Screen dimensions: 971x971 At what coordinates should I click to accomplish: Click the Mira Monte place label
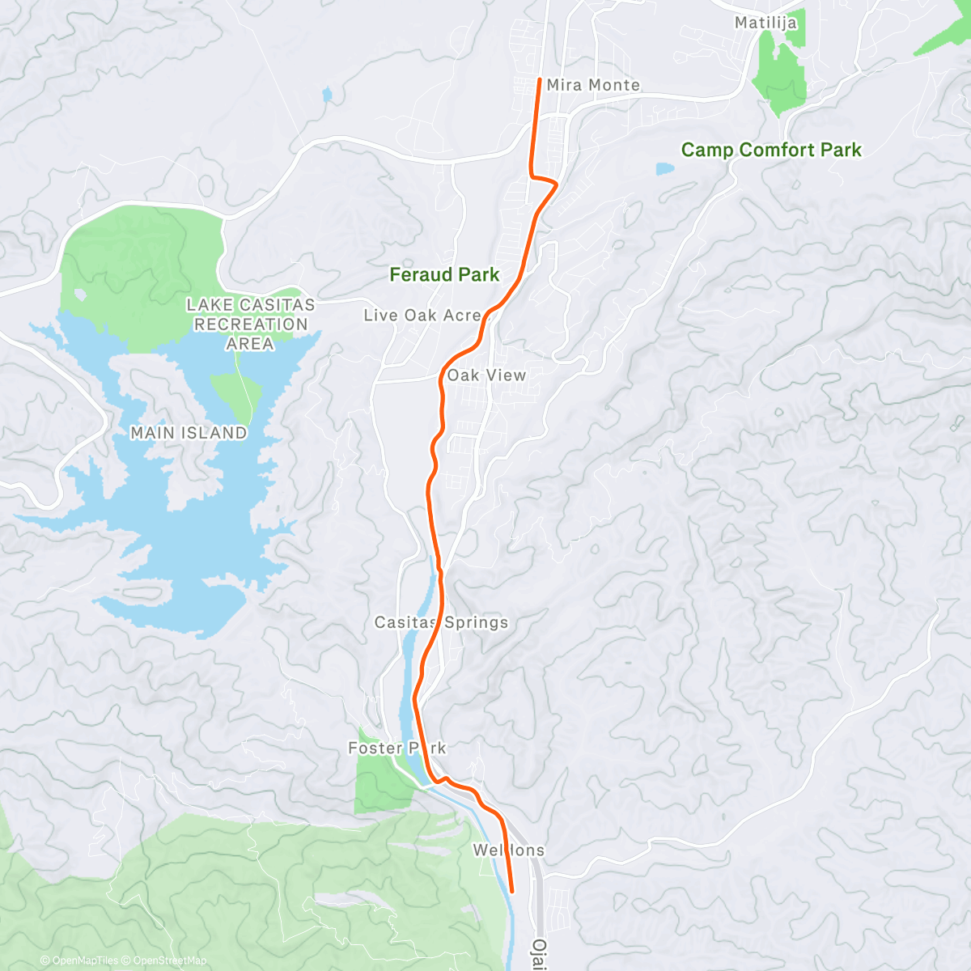593,85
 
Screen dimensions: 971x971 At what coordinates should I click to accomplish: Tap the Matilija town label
765,23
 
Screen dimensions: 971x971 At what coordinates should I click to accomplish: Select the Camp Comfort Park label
771,150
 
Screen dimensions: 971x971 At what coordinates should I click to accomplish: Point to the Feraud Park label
444,275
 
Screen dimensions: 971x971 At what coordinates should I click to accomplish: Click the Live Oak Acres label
422,316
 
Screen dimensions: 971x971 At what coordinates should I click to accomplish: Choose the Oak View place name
486,375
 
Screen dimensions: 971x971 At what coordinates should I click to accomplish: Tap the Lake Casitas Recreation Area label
250,324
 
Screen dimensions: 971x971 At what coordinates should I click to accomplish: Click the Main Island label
189,433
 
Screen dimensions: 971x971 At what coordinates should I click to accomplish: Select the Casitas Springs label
441,622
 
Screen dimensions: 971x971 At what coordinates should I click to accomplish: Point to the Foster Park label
396,748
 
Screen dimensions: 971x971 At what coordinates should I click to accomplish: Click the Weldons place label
508,850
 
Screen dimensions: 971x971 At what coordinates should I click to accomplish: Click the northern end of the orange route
540,78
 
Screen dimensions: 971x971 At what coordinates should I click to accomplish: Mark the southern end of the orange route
512,892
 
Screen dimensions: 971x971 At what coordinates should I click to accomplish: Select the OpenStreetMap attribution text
169,960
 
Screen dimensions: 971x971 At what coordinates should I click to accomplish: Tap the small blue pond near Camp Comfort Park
664,169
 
